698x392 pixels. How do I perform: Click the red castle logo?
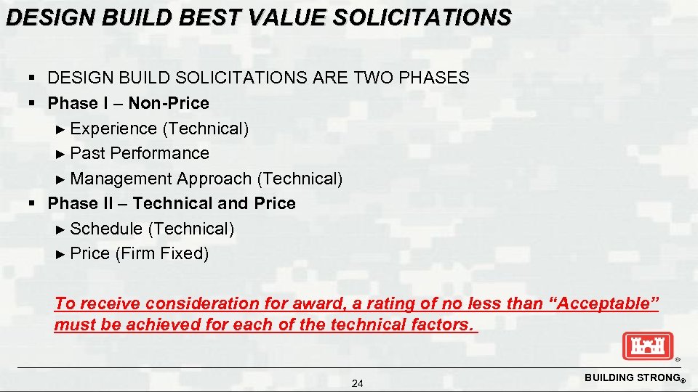(648, 346)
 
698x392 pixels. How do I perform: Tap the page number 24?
(357, 383)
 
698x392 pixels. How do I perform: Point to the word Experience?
(114, 128)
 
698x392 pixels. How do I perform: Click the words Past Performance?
(140, 153)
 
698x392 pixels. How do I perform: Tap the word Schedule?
(107, 229)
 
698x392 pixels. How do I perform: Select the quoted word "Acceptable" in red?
(607, 303)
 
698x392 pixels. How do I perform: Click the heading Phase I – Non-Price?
(128, 103)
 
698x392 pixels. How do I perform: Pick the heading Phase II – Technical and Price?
(172, 203)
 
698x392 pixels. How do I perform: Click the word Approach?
(215, 179)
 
